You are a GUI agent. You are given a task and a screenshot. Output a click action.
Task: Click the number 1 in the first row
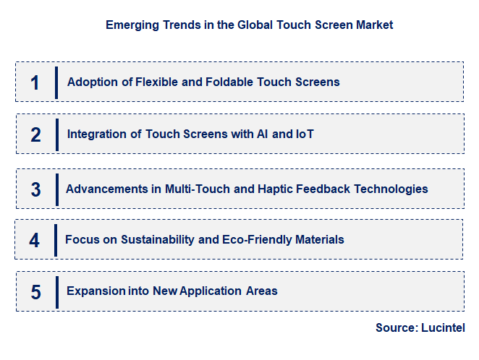(35, 82)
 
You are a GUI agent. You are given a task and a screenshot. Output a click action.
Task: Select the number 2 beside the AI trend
(35, 134)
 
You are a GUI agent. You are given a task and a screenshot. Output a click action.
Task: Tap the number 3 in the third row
(35, 189)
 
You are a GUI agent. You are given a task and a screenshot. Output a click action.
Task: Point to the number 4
(35, 240)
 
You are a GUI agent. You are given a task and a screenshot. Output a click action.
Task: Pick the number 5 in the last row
(35, 292)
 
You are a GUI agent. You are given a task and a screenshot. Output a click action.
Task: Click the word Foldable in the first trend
(205, 82)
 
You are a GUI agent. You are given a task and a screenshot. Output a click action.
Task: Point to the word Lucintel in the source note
(444, 327)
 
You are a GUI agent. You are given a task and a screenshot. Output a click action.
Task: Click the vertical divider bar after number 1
(56, 82)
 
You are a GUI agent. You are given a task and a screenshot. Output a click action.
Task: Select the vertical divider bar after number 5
(56, 292)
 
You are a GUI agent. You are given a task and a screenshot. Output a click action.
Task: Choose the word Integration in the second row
(96, 134)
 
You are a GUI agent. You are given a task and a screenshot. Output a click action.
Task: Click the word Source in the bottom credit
(396, 327)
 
